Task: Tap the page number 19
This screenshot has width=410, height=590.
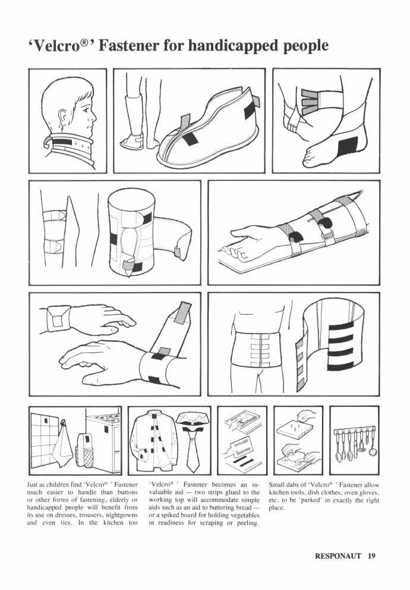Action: (371, 556)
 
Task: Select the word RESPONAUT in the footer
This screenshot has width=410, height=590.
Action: (338, 556)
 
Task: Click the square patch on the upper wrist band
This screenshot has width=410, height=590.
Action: (58, 321)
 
